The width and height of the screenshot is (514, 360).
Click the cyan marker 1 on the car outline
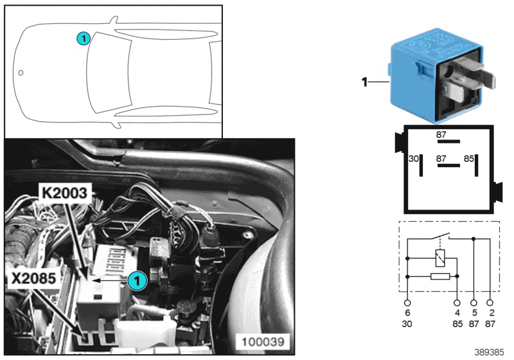click(83, 38)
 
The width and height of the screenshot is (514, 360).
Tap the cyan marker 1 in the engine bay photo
click(137, 280)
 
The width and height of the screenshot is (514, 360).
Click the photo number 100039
click(267, 340)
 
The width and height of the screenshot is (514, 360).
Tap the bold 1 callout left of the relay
click(364, 82)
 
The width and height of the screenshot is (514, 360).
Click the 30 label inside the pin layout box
click(414, 157)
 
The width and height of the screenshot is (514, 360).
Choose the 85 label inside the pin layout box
click(469, 157)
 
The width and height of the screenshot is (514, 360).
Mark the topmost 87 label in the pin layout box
click(441, 135)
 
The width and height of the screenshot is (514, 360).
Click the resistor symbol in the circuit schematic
click(441, 276)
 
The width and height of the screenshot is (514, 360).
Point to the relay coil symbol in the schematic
click(441, 259)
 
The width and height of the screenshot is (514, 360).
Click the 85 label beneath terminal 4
click(457, 324)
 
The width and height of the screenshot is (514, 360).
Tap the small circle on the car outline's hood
click(21, 73)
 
